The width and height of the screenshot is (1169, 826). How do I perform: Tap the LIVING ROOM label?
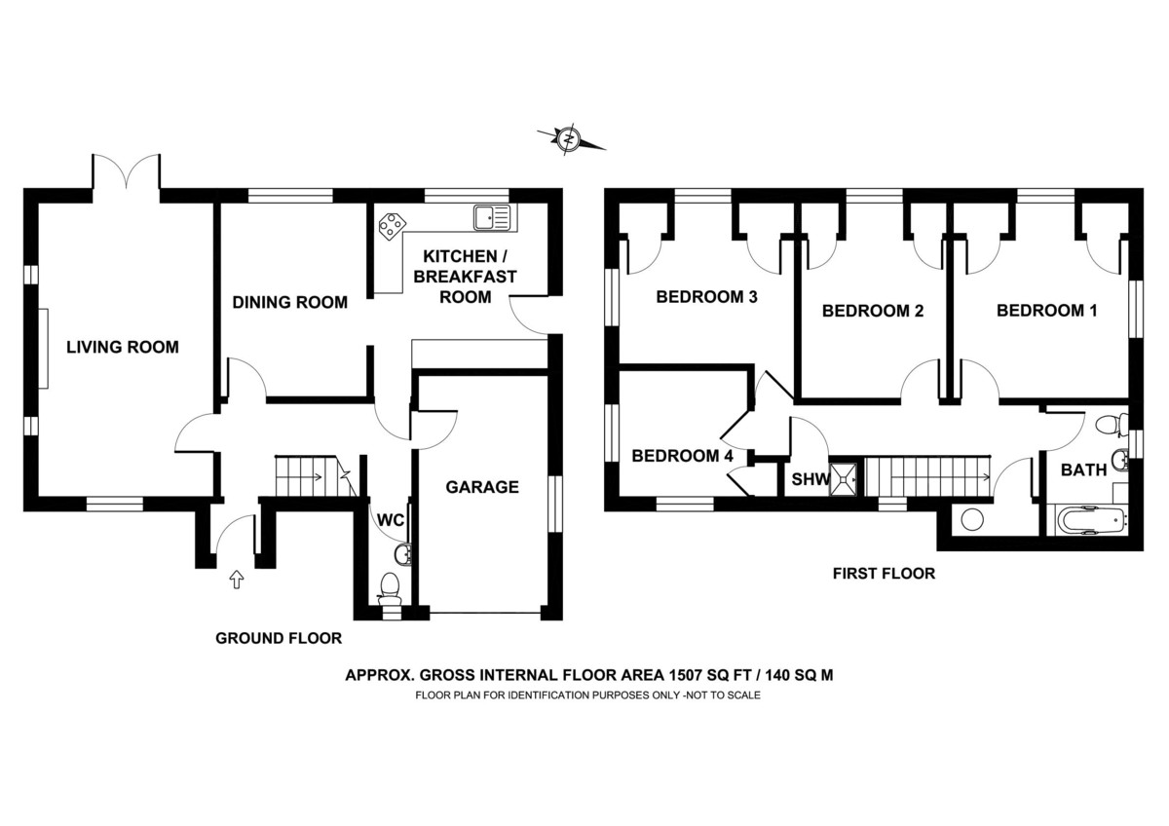123,347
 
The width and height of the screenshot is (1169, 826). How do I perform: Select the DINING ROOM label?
289,302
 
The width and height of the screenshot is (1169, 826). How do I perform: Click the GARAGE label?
482,487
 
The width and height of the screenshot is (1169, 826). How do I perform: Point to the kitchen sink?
491,216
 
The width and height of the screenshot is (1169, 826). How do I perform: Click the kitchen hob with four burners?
393,225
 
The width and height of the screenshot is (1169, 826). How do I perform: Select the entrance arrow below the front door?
235,581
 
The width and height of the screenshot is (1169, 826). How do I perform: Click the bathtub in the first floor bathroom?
1088,520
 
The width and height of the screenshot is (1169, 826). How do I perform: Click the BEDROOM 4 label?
682,455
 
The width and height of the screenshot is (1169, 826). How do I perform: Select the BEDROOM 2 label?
872,312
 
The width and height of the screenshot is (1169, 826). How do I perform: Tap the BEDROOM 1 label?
1046,312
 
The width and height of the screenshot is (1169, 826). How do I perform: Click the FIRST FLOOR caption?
884,574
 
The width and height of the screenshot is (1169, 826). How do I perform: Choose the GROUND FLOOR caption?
279,639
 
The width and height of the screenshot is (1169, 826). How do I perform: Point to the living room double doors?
127,175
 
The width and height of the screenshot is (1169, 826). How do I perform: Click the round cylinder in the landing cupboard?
971,519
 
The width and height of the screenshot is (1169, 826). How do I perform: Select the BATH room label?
1083,469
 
